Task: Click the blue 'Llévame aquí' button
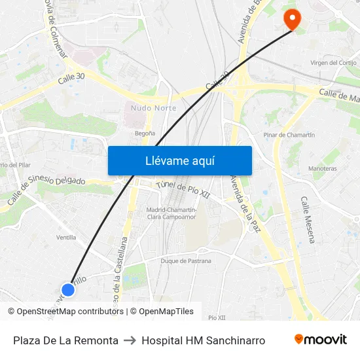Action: pos(179,160)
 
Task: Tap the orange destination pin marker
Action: pos(291,19)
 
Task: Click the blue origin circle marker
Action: pos(68,289)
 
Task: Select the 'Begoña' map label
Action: pos(145,133)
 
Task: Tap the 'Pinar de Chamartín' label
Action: pos(289,135)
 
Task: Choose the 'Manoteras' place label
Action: pos(323,168)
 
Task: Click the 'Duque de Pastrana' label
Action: pos(186,261)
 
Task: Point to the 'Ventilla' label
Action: pos(66,238)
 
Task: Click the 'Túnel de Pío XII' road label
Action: pos(183,190)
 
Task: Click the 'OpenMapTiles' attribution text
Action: pos(165,312)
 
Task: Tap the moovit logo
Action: pos(320,340)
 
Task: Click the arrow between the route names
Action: pos(130,340)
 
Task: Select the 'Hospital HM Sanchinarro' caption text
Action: pos(203,340)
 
